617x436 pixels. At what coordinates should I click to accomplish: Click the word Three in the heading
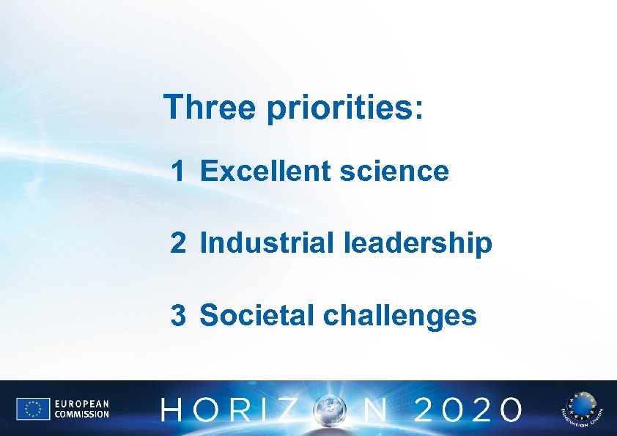tap(210, 107)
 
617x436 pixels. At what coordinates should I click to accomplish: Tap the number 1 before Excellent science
tap(178, 171)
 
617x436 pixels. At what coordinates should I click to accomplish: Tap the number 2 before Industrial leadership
tap(178, 243)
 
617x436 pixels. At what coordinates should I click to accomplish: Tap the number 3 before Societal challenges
tap(178, 316)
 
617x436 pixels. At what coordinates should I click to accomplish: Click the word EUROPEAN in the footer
tap(81, 404)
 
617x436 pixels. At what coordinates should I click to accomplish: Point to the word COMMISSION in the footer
tap(81, 415)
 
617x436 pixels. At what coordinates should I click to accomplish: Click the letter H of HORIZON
tap(174, 410)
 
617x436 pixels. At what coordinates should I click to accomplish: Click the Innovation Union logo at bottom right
tap(580, 409)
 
